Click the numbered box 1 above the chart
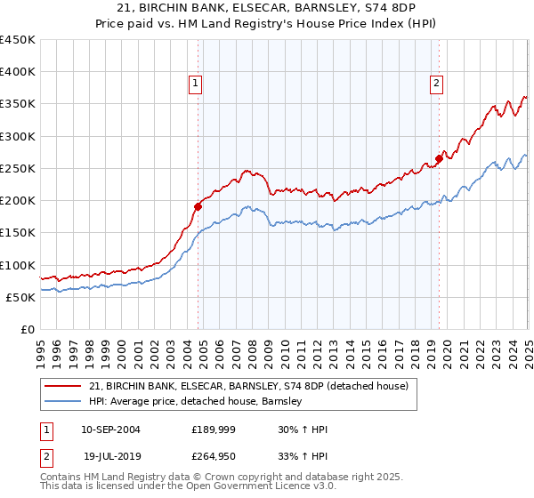click(195, 84)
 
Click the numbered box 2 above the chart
click(437, 84)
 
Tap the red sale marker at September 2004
click(198, 206)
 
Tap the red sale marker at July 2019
click(440, 158)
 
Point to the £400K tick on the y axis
click(18, 72)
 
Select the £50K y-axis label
click(21, 297)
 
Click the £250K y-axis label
click(18, 168)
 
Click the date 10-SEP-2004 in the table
click(110, 430)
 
